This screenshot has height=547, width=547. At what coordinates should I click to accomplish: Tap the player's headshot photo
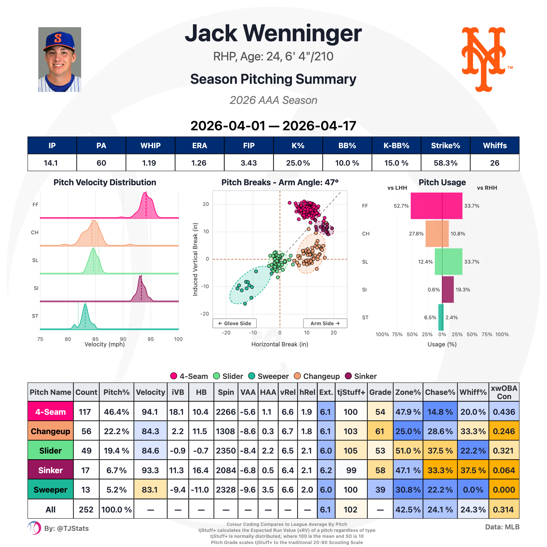(x=59, y=59)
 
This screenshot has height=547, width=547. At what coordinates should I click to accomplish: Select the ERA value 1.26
(x=199, y=163)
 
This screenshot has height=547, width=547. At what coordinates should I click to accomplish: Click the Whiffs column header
(x=495, y=145)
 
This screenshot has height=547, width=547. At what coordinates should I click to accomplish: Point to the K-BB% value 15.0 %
(x=396, y=163)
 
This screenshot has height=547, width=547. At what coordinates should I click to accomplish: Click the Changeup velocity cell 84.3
(x=150, y=431)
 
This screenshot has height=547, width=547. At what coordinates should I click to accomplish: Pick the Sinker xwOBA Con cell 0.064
(x=504, y=470)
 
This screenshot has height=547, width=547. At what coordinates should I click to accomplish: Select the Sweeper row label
(x=50, y=490)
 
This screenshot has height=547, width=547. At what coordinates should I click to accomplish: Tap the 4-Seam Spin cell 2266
(x=226, y=412)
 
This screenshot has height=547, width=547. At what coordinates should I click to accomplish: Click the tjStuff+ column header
(x=351, y=392)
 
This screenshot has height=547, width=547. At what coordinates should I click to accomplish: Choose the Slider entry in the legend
(x=228, y=376)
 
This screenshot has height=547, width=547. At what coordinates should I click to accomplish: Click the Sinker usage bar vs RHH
(x=448, y=289)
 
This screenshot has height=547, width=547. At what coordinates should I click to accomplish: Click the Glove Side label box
(x=234, y=323)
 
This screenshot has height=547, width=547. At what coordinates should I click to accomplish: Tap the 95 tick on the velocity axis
(x=151, y=339)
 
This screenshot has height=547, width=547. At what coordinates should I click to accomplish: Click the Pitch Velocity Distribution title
(x=105, y=182)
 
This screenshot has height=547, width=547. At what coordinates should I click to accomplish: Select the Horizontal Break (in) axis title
(x=279, y=344)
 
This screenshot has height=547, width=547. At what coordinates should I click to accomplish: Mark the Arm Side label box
(x=325, y=323)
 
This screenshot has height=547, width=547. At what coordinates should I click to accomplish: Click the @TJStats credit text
(x=67, y=528)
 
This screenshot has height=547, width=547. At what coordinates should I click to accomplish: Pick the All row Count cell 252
(x=86, y=510)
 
